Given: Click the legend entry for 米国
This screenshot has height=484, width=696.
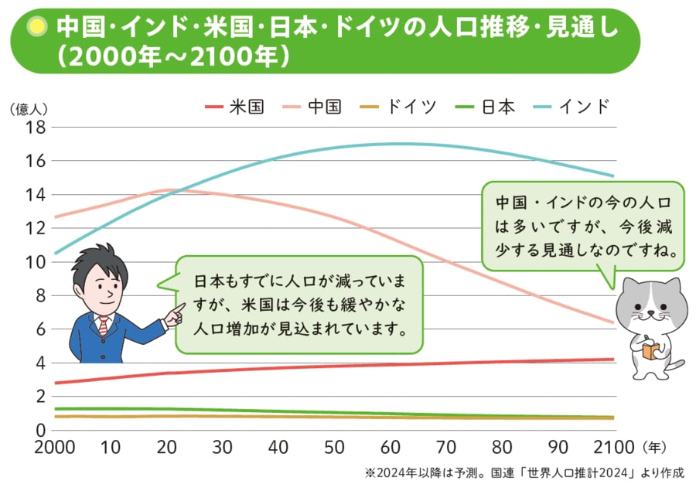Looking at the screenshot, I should click(x=235, y=106).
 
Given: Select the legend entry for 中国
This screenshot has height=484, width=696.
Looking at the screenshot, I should click(x=312, y=106).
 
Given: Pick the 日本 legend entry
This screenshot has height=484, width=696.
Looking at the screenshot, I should click(x=485, y=106).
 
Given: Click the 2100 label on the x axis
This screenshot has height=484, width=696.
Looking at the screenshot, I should click(x=613, y=448).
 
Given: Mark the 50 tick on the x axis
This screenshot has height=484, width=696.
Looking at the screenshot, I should click(x=333, y=448).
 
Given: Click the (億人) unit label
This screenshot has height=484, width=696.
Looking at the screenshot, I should click(x=29, y=110).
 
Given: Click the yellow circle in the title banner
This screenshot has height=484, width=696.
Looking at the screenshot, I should click(x=36, y=29).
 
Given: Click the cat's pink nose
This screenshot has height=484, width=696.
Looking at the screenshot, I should click(x=652, y=315).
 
